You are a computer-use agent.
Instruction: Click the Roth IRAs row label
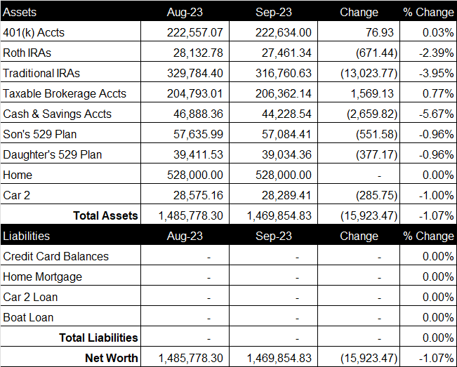pyautogui.click(x=27, y=53)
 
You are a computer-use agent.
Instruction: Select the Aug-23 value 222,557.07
pyautogui.click(x=194, y=32)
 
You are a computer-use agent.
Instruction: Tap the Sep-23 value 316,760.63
pyautogui.click(x=284, y=73)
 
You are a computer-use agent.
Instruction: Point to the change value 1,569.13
pyautogui.click(x=372, y=93)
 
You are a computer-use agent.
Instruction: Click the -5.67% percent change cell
pyautogui.click(x=437, y=114)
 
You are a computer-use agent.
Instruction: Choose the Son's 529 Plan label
pyautogui.click(x=39, y=134)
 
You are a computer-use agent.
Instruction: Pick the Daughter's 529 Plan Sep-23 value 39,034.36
pyautogui.click(x=286, y=154)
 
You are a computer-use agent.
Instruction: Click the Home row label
pyautogui.click(x=18, y=175)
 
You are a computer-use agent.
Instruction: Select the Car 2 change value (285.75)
pyautogui.click(x=376, y=196)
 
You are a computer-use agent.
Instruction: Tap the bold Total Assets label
pyautogui.click(x=105, y=215)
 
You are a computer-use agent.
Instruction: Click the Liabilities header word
pyautogui.click(x=26, y=236)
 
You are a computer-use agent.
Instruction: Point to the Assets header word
pyautogui.click(x=20, y=12)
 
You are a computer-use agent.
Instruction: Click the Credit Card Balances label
pyautogui.click(x=55, y=256)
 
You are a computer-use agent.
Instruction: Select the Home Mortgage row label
pyautogui.click(x=43, y=277)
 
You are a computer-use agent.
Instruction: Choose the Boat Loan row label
pyautogui.click(x=28, y=317)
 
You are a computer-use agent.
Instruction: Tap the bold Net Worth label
pyautogui.click(x=112, y=358)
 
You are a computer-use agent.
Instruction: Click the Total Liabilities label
pyautogui.click(x=98, y=338)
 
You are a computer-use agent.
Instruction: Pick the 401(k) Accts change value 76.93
pyautogui.click(x=380, y=32)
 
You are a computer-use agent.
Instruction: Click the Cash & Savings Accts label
pyautogui.click(x=57, y=114)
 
